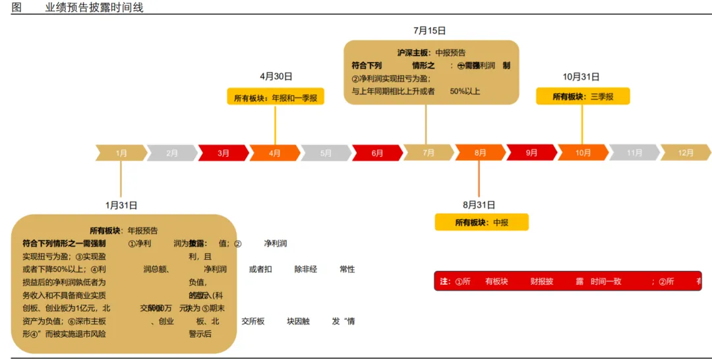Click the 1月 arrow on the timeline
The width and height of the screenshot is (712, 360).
click(x=121, y=153)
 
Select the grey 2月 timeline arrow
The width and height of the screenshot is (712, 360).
click(x=172, y=153)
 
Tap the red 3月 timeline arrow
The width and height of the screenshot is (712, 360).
click(x=223, y=153)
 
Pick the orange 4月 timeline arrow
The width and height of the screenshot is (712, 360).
click(x=275, y=153)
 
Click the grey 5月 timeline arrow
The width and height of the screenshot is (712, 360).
click(x=326, y=153)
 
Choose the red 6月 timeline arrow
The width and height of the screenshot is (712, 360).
click(x=377, y=153)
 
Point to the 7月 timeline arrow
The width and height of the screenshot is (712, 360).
click(x=429, y=153)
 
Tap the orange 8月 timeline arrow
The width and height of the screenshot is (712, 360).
click(x=480, y=153)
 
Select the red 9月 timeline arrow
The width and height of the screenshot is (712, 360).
click(x=531, y=153)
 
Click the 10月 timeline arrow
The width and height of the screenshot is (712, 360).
click(x=583, y=153)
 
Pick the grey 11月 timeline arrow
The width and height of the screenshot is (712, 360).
click(x=634, y=153)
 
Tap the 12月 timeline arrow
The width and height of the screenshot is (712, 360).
click(x=686, y=153)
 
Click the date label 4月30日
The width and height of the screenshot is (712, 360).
click(x=276, y=76)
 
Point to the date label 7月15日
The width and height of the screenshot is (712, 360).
click(x=430, y=30)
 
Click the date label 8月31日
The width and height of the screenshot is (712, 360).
click(x=479, y=205)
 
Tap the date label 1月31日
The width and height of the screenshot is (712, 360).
click(x=121, y=205)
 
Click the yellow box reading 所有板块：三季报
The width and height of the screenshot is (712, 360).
click(x=583, y=96)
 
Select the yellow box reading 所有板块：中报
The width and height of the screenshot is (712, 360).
click(x=481, y=223)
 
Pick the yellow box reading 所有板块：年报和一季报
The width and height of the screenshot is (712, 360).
click(x=275, y=98)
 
